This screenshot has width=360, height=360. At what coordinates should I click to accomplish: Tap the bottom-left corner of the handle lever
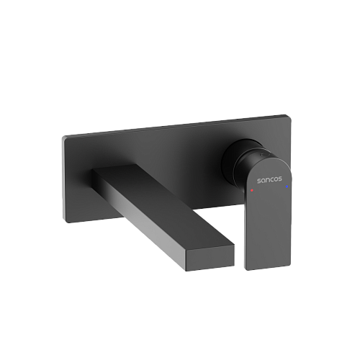click(246, 269)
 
